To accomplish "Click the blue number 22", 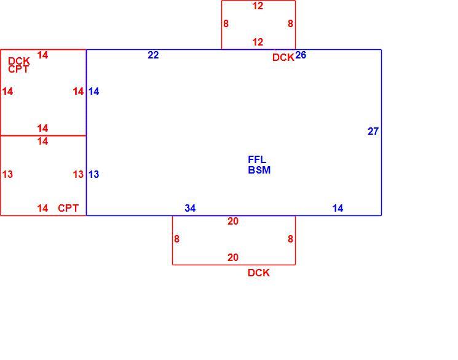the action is pos(153,55).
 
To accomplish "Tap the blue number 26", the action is pos(301,55).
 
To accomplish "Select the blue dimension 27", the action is pos(373,131).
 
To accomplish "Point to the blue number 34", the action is pos(190,208).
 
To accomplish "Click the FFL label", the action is pos(257,159).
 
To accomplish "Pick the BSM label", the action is pos(259,170).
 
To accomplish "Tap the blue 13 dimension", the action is pos(94,174).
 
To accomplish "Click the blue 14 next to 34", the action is pos(338,208).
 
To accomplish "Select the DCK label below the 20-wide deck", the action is pos(258,273).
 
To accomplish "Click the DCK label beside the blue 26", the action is pos(283,57).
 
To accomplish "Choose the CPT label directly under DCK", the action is pos(18,70).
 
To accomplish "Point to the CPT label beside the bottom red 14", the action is pos(68,208).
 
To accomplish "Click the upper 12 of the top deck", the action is pos(258,6).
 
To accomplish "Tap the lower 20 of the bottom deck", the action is pos(233,257).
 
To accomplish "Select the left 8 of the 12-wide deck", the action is pos(226,23).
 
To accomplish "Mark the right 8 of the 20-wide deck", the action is pos(290,239).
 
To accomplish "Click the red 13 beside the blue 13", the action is pos(78,174).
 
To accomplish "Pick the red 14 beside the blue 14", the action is pos(78,92).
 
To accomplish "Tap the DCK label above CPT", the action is pos(19,61).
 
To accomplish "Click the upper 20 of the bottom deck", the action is pos(233,221).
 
